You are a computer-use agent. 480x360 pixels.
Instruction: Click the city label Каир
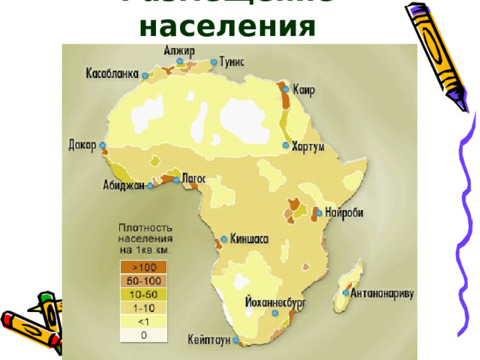coord(304,91)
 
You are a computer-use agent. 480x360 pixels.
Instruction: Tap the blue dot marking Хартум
coord(286,145)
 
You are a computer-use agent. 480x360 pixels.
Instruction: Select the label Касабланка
coord(112,74)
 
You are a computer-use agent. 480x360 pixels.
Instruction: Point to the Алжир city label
coord(179,51)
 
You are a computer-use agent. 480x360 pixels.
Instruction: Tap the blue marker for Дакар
coord(103,145)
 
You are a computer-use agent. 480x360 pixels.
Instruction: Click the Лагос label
coord(193,178)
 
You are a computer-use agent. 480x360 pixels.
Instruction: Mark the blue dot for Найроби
coord(319,213)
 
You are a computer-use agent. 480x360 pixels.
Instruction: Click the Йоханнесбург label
coord(275,302)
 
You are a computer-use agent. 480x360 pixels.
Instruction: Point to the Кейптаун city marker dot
coord(235,340)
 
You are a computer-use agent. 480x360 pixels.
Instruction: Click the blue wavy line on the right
coord(460,225)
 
